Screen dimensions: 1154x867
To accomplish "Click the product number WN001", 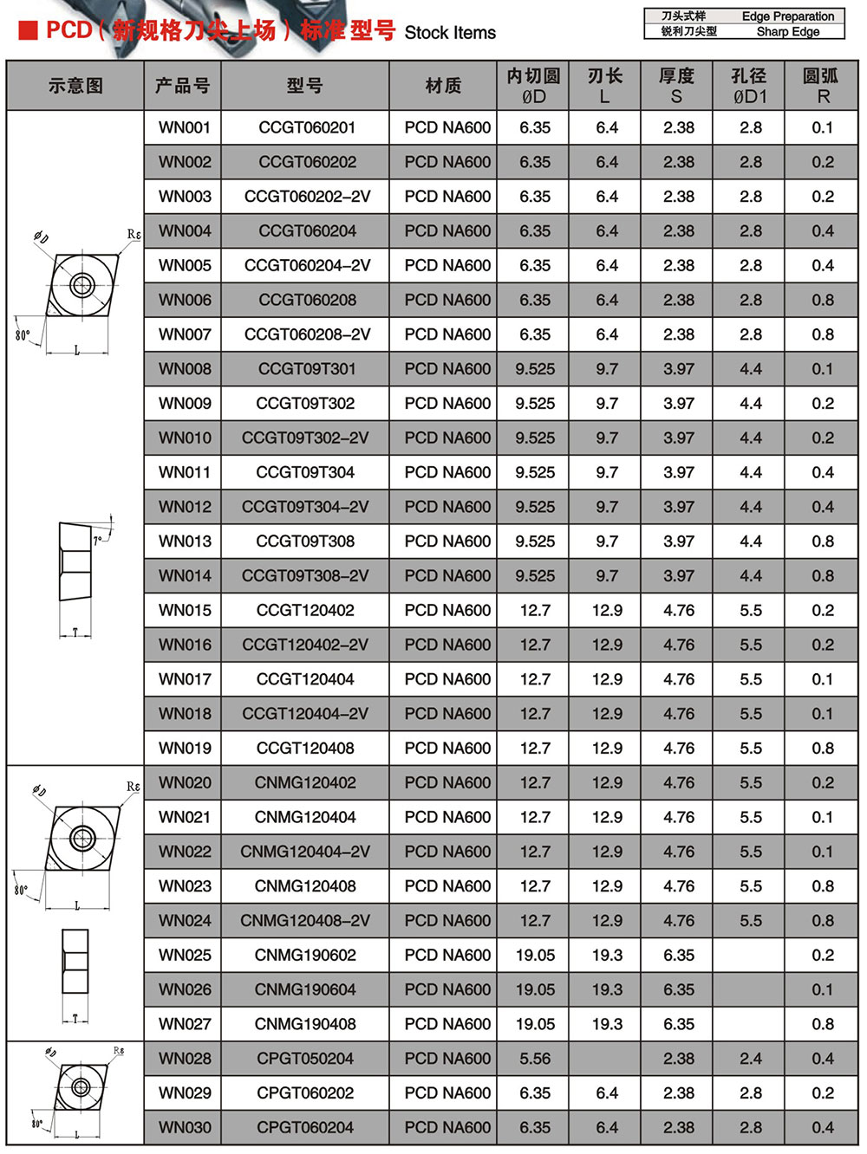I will point(184,128).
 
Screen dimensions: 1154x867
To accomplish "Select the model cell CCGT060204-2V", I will point(307,266).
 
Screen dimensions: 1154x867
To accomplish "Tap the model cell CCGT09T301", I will point(307,369).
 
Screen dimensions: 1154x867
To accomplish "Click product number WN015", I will point(184,611).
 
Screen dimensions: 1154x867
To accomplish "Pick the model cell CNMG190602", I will point(305,956).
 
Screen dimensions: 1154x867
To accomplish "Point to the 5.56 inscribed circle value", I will point(535,1059).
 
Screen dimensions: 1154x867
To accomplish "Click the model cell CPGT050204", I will point(305,1059).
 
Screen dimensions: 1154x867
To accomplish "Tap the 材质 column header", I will point(443,86).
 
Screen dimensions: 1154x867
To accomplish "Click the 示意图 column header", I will point(75,86).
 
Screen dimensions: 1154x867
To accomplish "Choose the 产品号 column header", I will point(182,86).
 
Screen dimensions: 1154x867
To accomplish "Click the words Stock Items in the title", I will point(450,33).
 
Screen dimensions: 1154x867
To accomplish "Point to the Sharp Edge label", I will point(787,32).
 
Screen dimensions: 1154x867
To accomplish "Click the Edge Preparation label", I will point(787,16).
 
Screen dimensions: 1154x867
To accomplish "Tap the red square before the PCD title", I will point(29,31).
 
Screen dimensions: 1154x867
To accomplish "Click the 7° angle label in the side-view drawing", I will point(99,540).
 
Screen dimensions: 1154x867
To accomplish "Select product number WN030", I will point(184,1128).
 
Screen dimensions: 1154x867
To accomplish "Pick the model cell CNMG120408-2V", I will point(305,921).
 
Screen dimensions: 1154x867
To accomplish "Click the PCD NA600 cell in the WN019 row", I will point(447,749).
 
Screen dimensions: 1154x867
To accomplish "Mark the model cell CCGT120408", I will point(305,749).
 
